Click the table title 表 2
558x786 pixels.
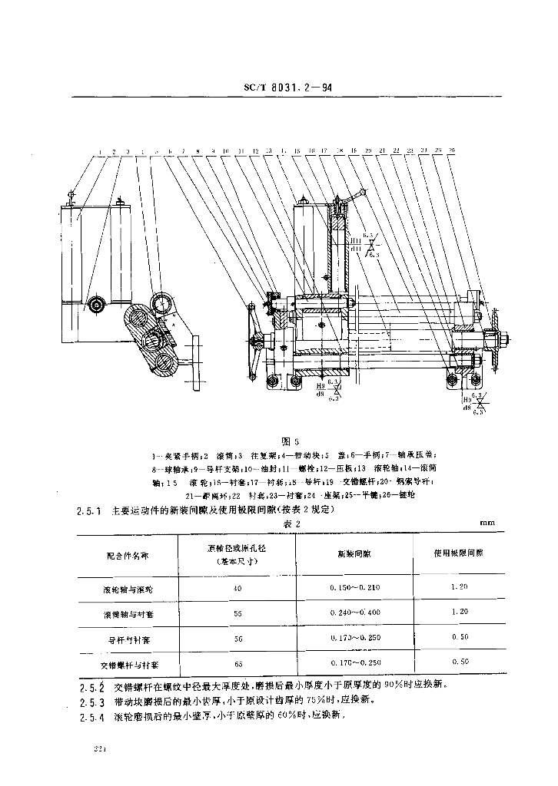point(290,523)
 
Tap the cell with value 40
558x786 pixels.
point(237,588)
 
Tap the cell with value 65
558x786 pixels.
point(237,662)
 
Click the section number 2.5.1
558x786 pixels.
point(89,509)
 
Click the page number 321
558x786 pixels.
point(98,748)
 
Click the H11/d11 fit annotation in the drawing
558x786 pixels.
point(356,245)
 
